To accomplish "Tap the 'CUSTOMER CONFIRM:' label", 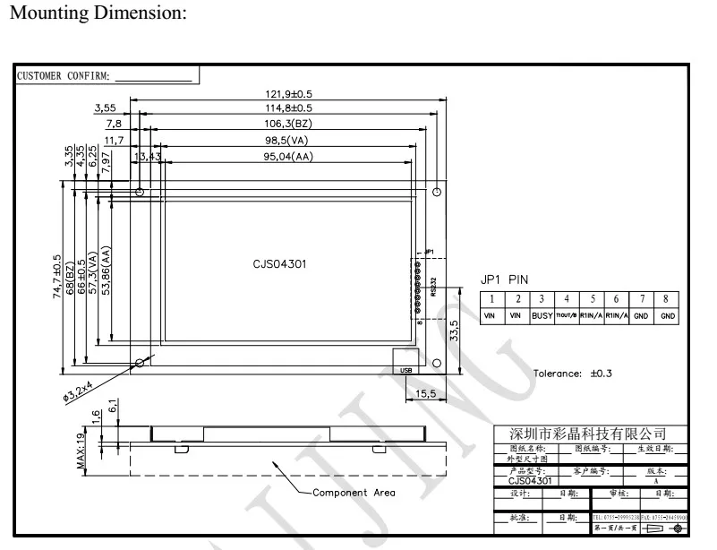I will point(63,75).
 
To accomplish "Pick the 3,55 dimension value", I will point(107,107).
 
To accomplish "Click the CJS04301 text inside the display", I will point(282,266).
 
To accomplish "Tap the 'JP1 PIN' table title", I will point(505,279).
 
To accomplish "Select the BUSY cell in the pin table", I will point(541,316).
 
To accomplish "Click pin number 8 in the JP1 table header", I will point(667,299).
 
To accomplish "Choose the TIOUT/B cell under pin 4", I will point(566,316).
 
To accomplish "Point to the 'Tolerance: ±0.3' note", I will point(572,374).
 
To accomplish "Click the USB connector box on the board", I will point(406,369).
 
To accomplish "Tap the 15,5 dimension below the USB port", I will point(426,392).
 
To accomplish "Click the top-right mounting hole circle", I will point(436,193).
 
